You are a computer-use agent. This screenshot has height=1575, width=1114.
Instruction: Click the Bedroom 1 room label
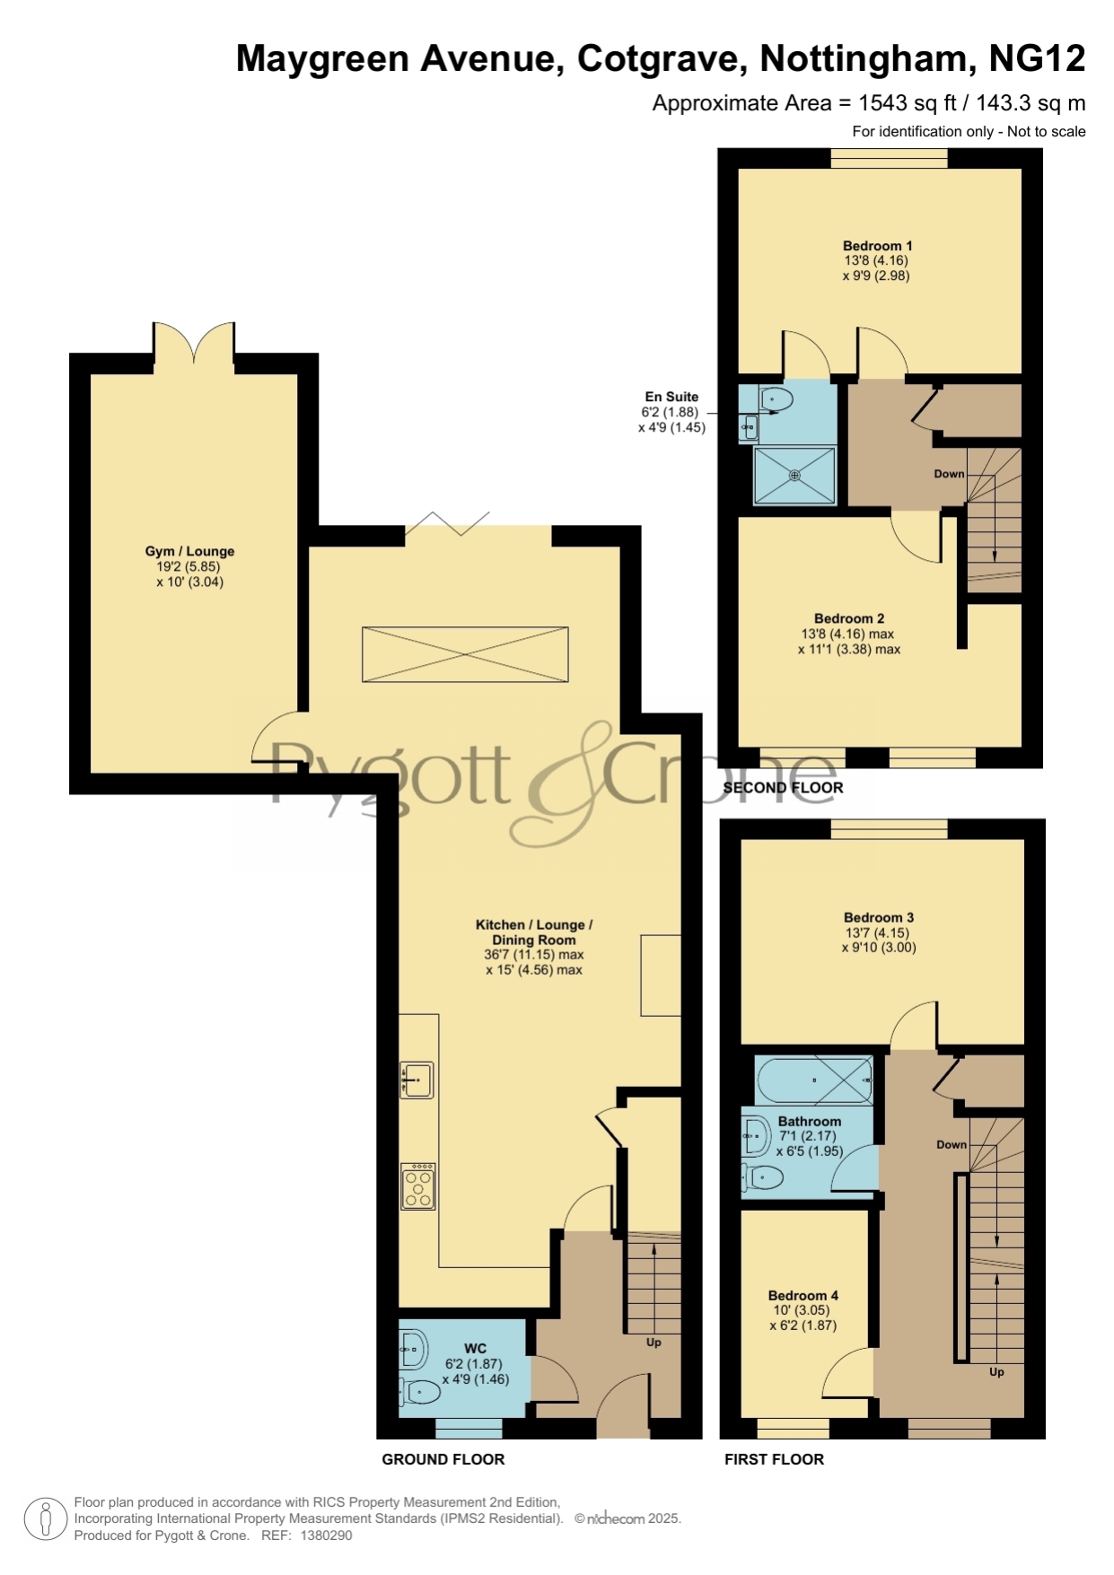click(877, 246)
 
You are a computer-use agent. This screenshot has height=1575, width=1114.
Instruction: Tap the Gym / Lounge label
click(189, 551)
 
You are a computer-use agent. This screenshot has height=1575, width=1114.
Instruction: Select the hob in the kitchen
click(418, 1186)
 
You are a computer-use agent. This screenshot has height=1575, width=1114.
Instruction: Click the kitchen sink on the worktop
click(417, 1080)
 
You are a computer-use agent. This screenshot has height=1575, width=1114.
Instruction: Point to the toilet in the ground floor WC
click(420, 1392)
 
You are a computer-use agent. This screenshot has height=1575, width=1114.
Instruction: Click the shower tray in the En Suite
click(794, 475)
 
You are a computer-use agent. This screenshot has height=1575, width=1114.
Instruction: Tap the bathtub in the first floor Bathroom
click(814, 1080)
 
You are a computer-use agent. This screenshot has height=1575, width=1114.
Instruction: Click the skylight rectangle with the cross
click(465, 654)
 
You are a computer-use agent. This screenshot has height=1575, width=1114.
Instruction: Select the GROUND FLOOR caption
click(443, 1459)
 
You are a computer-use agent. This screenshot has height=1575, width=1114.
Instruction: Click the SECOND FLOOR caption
click(783, 788)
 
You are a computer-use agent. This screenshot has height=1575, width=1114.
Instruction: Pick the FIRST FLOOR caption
click(774, 1459)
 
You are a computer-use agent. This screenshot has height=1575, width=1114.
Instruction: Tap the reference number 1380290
click(326, 1536)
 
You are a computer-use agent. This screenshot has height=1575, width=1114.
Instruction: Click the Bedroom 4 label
click(803, 1295)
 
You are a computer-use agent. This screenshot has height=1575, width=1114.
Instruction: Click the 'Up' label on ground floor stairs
click(653, 1343)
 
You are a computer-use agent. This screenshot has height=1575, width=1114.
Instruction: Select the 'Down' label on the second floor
click(949, 474)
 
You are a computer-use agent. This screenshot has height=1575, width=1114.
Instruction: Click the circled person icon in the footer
click(45, 1519)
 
